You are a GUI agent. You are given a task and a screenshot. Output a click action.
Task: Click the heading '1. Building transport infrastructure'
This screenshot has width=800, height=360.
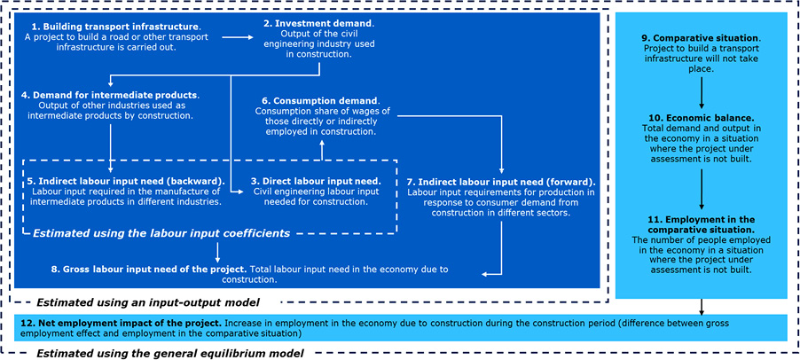coord(112,27)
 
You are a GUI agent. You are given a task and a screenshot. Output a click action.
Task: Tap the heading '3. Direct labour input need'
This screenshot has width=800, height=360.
coord(321,180)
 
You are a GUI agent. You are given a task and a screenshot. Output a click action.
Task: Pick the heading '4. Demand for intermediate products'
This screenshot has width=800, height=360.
coord(111,94)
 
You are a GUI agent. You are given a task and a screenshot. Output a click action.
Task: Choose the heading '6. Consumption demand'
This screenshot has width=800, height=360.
coord(321,100)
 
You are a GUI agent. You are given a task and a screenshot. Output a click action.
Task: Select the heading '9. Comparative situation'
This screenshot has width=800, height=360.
coord(701,39)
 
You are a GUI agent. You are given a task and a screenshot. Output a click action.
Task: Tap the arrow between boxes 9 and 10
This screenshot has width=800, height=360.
coord(702,89)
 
